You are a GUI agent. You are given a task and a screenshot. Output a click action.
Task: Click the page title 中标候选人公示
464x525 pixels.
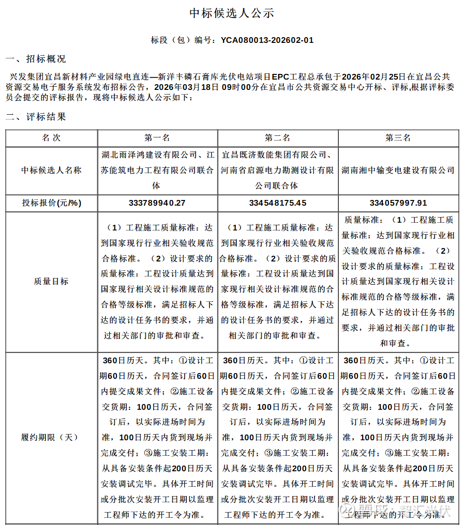tap(232, 13)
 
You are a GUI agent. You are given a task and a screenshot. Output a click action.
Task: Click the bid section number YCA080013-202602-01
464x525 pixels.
tap(267, 40)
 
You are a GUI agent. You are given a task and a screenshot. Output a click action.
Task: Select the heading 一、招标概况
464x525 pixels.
tap(36, 59)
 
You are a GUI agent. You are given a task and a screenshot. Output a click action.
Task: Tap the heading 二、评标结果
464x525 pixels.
tap(36, 117)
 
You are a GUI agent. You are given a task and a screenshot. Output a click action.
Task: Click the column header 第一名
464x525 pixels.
tap(157, 138)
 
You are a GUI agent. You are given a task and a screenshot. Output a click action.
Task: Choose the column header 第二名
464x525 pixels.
tap(278, 138)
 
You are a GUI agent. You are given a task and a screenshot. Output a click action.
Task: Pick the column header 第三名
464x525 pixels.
tap(398, 138)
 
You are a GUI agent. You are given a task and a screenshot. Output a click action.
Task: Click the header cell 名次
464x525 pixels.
tap(51, 138)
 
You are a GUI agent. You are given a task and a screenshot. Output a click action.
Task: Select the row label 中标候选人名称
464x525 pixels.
tap(51, 170)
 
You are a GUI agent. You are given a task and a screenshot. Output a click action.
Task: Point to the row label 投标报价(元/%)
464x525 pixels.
tap(51, 203)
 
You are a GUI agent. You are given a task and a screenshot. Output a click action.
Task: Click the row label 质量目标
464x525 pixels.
tap(51, 281)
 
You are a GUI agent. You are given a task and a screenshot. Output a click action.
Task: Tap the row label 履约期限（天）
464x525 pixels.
tap(51, 437)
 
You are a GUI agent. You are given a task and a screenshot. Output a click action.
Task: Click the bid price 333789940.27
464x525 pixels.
tap(157, 203)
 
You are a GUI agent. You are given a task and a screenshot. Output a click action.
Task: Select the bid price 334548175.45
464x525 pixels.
tap(278, 203)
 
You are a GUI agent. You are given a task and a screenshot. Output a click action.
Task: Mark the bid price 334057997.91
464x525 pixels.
tap(398, 203)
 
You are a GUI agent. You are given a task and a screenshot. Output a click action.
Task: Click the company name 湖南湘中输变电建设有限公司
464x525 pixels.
tap(398, 170)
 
